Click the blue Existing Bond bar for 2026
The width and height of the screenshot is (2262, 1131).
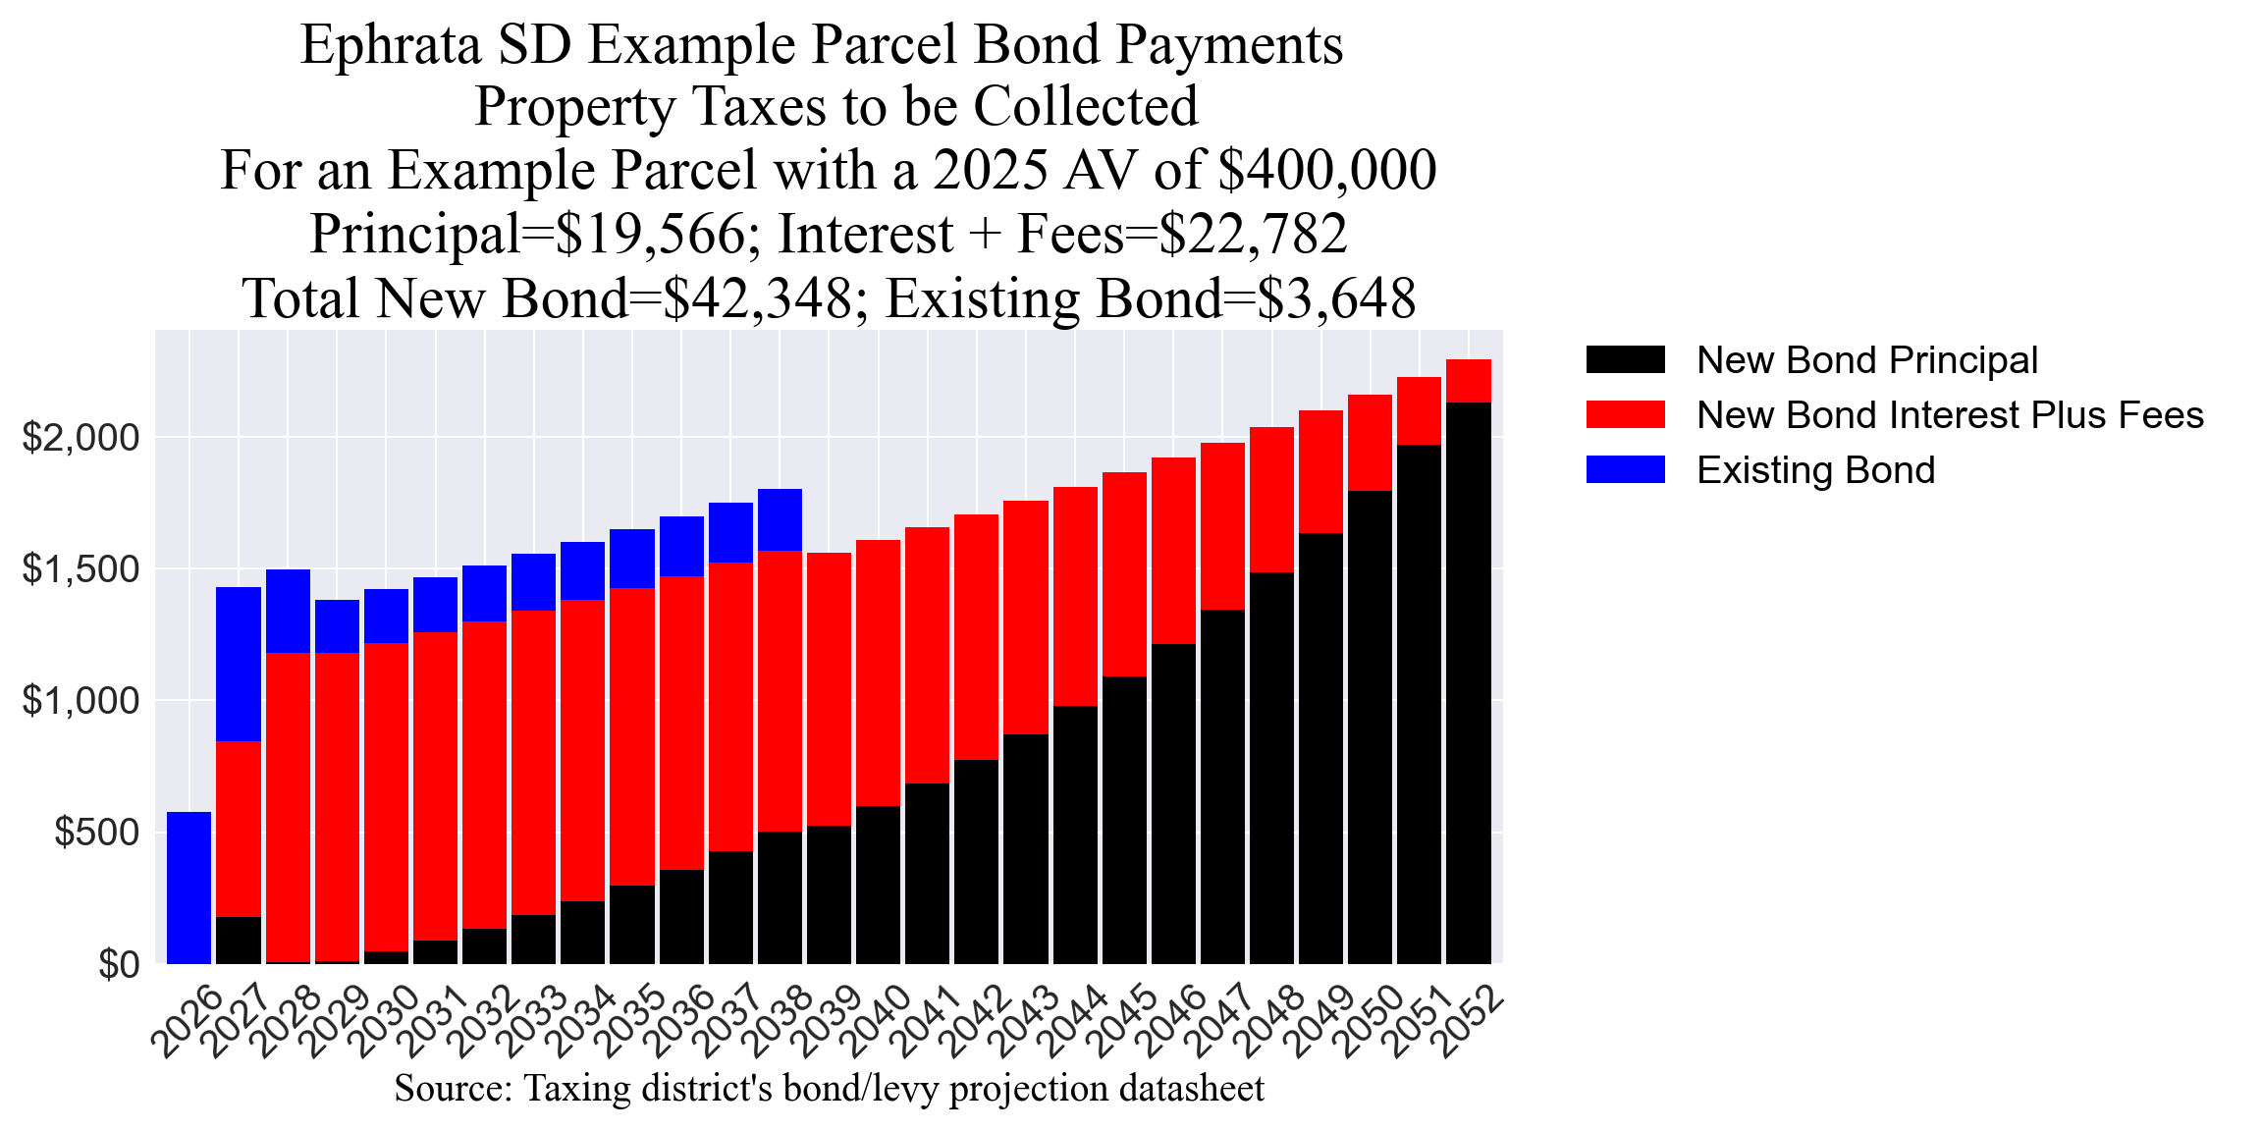pyautogui.click(x=188, y=888)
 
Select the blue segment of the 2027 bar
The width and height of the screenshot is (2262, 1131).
pyautogui.click(x=239, y=664)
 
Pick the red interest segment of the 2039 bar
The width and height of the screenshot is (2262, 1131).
pyautogui.click(x=829, y=689)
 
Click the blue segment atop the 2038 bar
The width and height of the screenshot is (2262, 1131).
pyautogui.click(x=780, y=519)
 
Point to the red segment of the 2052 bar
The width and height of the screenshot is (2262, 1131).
pyautogui.click(x=1468, y=381)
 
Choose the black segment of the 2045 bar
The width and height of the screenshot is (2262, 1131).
pyautogui.click(x=1124, y=820)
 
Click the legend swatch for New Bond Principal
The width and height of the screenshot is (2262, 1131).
pyautogui.click(x=1625, y=360)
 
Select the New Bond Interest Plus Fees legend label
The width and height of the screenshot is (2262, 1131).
pyautogui.click(x=1950, y=415)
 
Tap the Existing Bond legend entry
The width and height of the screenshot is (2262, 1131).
pyautogui.click(x=1815, y=470)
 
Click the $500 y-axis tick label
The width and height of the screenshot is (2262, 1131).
pyautogui.click(x=97, y=833)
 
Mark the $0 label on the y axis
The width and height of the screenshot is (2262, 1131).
pyautogui.click(x=119, y=965)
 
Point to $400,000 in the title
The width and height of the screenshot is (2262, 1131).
pyautogui.click(x=1326, y=170)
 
